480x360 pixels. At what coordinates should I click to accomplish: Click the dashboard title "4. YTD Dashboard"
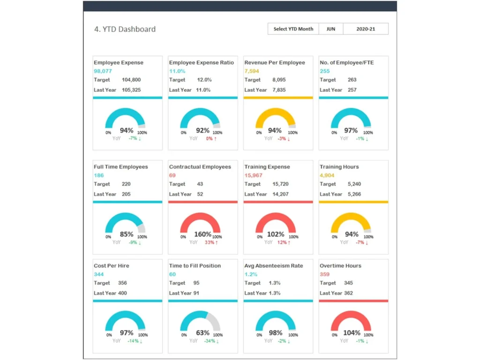pos(125,29)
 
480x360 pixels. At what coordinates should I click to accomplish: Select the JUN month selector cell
pos(331,29)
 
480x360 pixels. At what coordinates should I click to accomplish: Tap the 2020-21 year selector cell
pos(366,29)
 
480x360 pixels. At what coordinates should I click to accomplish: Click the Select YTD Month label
pos(293,29)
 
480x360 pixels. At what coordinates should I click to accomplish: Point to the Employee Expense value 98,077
pos(103,71)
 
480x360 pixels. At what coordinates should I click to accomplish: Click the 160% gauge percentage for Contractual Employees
pos(203,234)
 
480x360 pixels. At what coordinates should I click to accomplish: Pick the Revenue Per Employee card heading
pos(274,62)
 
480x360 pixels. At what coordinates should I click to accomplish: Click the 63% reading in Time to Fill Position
pos(203,333)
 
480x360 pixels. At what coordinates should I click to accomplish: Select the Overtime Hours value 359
pos(324,274)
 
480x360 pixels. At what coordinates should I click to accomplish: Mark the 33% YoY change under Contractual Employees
pos(211,242)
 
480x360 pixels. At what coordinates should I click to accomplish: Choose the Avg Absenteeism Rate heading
pos(273,266)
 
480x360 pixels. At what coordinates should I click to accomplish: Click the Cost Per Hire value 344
pos(98,274)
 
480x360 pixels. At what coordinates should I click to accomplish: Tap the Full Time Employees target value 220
pos(126,184)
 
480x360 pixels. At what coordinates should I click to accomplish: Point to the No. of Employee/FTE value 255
pos(324,71)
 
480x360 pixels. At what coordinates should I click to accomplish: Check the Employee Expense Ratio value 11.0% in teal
pos(177,71)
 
